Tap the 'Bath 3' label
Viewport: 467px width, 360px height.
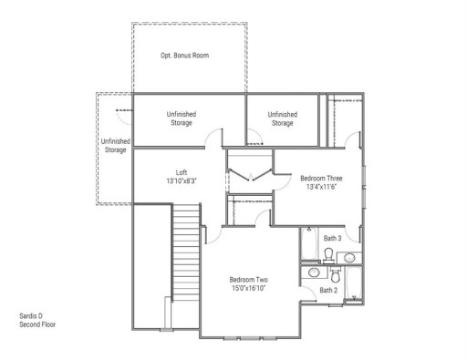coord(332,239)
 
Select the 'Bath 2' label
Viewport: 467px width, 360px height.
coord(327,291)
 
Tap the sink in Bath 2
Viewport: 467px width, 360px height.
coord(312,273)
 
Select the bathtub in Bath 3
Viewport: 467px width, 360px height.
coord(354,246)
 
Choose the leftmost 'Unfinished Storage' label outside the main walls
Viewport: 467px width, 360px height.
coord(115,146)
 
